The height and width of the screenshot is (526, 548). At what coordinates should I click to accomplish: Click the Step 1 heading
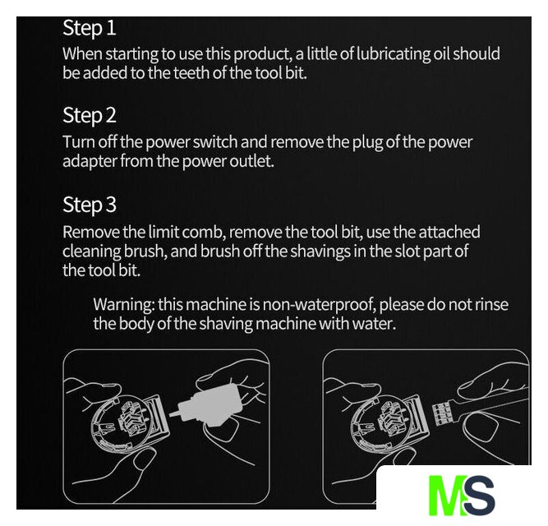tap(90, 28)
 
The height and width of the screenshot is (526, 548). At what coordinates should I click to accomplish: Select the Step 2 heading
tap(90, 115)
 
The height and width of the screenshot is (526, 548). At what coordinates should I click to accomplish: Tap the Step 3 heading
tap(90, 205)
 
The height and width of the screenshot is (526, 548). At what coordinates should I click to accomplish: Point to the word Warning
tap(124, 305)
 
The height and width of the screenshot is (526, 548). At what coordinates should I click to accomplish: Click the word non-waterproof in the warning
tap(319, 305)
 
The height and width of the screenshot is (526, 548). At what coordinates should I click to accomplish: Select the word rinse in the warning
tap(491, 304)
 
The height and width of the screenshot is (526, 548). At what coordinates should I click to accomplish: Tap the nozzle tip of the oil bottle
tap(172, 414)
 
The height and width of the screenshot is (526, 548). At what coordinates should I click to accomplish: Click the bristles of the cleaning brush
tap(441, 413)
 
